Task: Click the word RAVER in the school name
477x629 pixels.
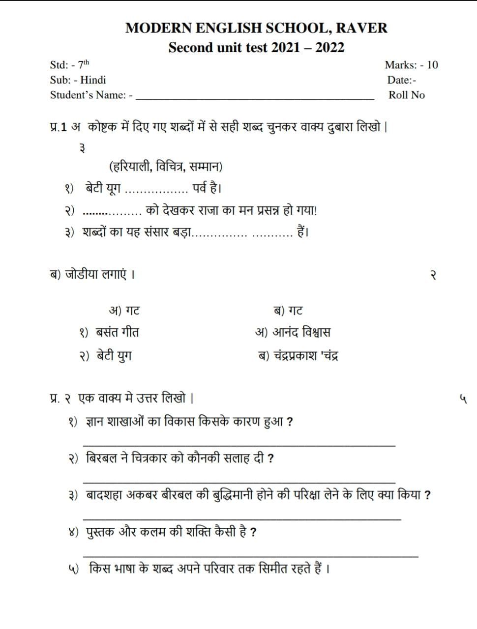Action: pyautogui.click(x=361, y=28)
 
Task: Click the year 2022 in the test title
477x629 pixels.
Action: pyautogui.click(x=329, y=48)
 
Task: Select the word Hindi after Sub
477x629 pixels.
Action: pyautogui.click(x=93, y=80)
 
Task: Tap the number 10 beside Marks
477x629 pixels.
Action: pyautogui.click(x=432, y=65)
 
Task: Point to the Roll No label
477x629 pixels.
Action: pyautogui.click(x=406, y=95)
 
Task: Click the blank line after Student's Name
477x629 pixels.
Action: pyautogui.click(x=255, y=97)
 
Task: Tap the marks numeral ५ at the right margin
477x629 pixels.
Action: pyautogui.click(x=462, y=398)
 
